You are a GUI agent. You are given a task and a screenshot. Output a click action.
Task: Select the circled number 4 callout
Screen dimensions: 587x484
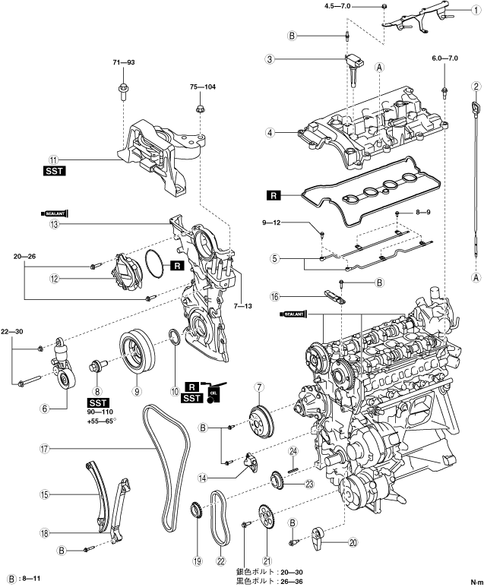click(270, 132)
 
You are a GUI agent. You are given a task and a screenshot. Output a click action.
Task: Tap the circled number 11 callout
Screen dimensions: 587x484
click(54, 159)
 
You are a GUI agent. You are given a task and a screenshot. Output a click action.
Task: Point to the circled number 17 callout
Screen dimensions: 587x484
click(45, 448)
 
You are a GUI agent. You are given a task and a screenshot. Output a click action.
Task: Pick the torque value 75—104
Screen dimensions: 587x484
click(203, 87)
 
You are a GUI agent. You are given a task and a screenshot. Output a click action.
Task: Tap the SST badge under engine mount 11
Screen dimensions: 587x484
click(54, 172)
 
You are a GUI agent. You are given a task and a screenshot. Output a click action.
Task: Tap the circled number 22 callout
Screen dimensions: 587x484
click(221, 562)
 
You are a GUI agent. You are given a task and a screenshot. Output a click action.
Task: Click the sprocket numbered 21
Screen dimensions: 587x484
click(267, 523)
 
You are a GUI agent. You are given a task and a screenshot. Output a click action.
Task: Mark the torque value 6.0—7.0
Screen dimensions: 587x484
click(445, 58)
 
